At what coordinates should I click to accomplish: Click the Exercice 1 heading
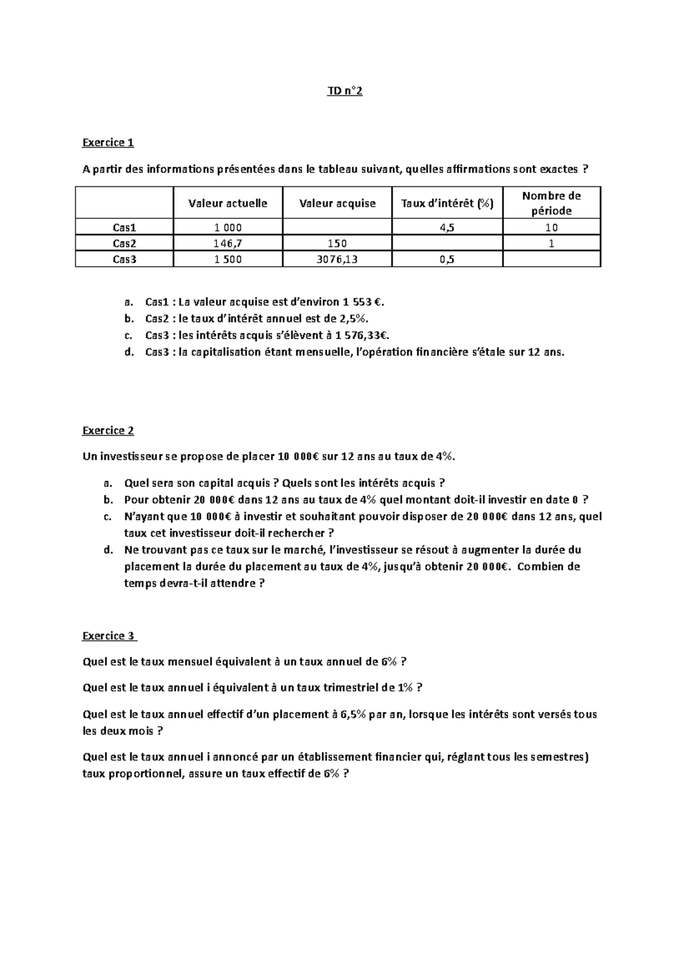click(108, 143)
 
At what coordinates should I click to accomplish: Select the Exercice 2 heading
click(108, 431)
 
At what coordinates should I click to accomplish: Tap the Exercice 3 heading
click(109, 636)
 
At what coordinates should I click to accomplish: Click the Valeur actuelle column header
click(228, 203)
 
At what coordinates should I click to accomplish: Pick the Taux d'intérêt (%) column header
click(447, 203)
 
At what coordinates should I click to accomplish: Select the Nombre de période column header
click(551, 203)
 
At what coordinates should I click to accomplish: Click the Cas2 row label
click(125, 243)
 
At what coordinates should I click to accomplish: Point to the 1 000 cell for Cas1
click(228, 228)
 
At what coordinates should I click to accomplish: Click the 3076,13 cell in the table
click(337, 259)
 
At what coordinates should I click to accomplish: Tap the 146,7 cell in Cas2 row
click(228, 243)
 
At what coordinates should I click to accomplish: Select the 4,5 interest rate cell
click(447, 228)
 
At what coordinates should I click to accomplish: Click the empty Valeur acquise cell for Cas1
click(337, 228)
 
